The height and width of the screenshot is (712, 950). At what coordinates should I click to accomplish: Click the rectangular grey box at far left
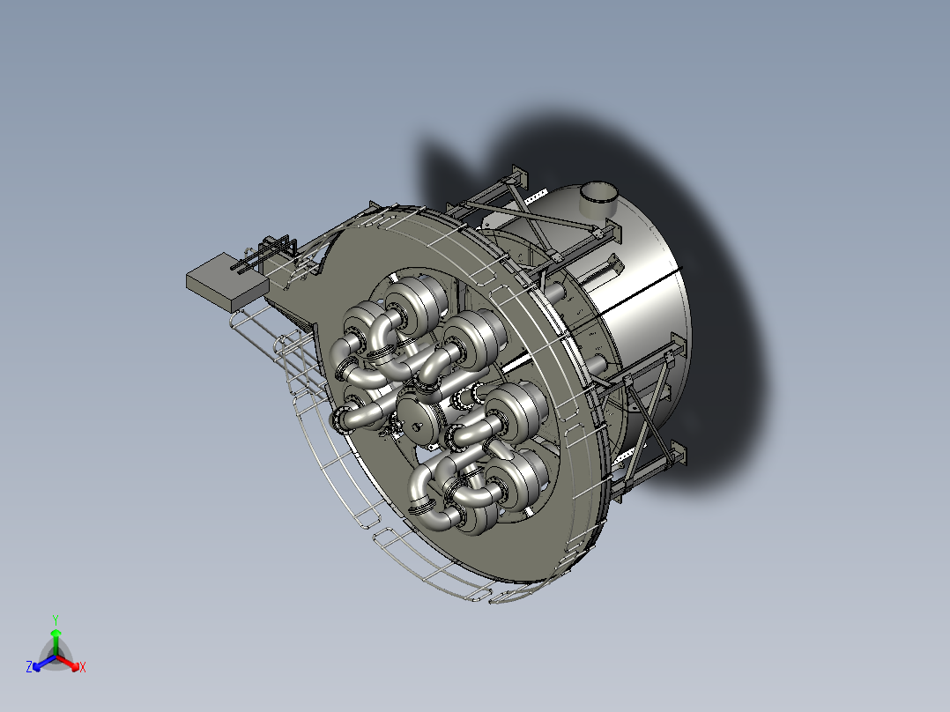tap(226, 283)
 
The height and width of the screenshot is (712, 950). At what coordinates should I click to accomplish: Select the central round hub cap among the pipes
tap(419, 417)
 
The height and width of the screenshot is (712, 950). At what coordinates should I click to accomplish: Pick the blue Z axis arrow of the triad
tap(42, 664)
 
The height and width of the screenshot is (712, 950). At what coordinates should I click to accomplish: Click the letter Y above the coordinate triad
tap(56, 619)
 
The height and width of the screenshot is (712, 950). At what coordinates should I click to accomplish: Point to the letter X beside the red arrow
tap(83, 668)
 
